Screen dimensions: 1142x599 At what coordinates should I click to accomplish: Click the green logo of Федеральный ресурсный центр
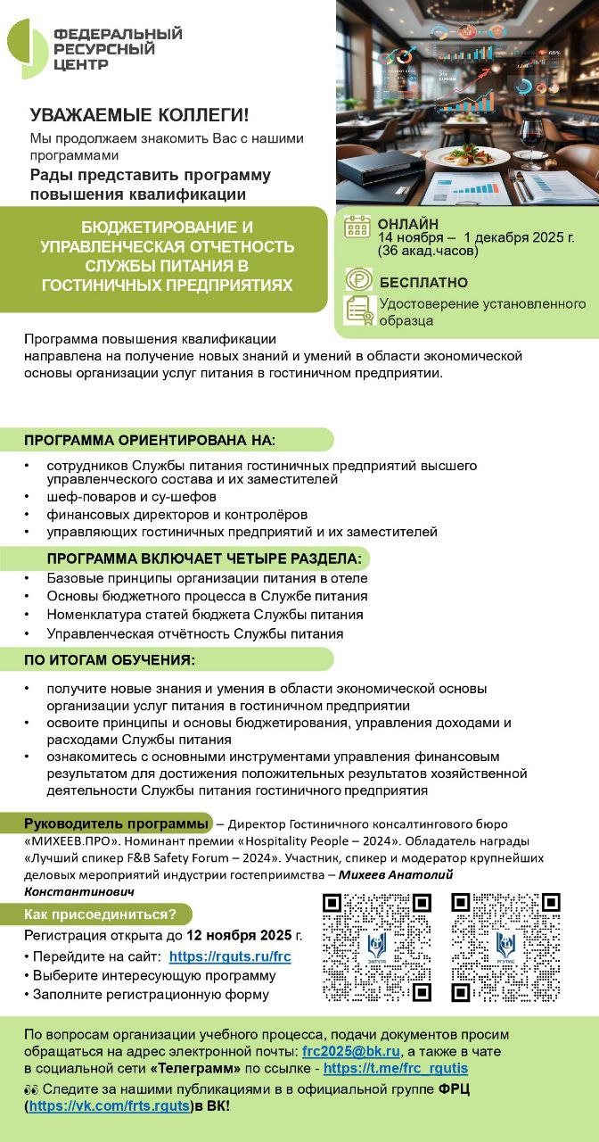pos(27,48)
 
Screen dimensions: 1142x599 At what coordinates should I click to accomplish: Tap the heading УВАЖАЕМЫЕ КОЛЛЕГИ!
pos(140,115)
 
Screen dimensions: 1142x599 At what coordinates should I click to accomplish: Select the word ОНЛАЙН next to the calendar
pos(408,224)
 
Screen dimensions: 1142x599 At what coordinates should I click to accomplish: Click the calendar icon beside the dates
pos(357,228)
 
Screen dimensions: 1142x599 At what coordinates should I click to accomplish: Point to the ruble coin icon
pos(358,279)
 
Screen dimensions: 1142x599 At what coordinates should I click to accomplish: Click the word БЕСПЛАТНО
pos(423,283)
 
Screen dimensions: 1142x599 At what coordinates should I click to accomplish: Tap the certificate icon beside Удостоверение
pos(358,310)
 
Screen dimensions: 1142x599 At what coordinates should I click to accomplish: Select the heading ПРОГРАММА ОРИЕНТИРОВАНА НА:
pos(150,441)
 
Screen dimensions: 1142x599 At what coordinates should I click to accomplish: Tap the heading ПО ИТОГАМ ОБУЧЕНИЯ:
pos(110,660)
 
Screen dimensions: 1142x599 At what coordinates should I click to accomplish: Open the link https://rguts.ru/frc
pos(230,956)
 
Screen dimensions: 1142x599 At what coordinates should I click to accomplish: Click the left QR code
pos(377,947)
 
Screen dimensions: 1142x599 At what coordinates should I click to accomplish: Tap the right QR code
pos(505,947)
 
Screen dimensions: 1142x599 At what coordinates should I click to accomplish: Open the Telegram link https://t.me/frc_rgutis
pos(395,1068)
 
